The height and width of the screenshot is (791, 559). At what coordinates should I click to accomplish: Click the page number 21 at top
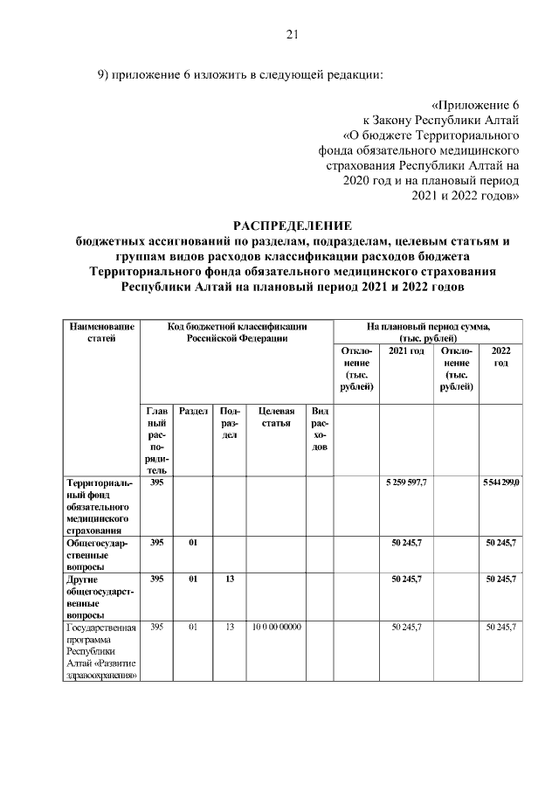pos(293,34)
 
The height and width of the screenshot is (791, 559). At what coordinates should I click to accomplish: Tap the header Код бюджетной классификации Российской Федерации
pos(238,332)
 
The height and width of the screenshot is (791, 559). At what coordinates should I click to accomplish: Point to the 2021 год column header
pos(406,350)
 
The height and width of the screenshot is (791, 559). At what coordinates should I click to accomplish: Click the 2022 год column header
pos(501,357)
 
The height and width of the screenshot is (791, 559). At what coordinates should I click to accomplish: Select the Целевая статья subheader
pos(276,417)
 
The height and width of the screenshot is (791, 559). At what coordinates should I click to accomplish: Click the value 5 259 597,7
pos(406,482)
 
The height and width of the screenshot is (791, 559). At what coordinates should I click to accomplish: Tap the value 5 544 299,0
pos(501,482)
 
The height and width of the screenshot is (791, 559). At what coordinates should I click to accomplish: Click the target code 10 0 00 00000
pos(276,627)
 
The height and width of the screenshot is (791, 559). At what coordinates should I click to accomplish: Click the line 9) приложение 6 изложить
pos(239,74)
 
